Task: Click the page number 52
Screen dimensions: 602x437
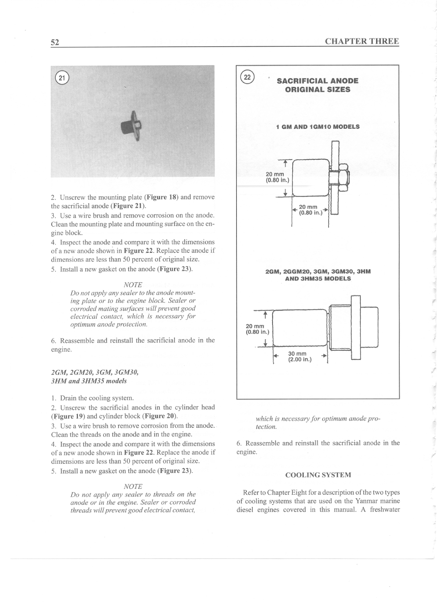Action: point(55,42)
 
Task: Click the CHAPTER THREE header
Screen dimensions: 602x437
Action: point(362,41)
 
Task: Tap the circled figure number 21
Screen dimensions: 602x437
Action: point(62,78)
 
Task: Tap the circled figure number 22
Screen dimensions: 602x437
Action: point(247,77)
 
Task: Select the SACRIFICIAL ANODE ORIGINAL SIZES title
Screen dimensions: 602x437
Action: point(317,85)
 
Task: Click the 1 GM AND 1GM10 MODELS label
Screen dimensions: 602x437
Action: point(318,127)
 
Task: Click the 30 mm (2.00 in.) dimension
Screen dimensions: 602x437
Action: point(300,356)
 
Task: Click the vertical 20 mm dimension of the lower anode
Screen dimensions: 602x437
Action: point(257,329)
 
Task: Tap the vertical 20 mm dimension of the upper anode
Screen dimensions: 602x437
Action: point(277,177)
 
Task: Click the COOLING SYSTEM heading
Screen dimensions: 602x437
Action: point(318,475)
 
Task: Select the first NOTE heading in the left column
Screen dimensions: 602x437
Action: point(133,285)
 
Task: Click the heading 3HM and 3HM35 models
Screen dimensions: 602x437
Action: point(89,381)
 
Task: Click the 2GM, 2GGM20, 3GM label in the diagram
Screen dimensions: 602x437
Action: point(318,272)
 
